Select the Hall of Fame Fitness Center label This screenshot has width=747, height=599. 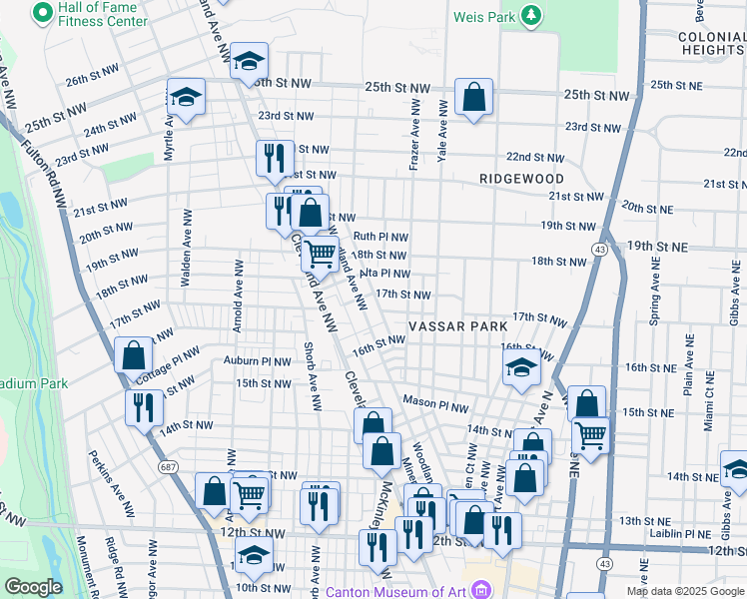[x=96, y=14]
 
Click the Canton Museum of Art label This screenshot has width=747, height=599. [x=395, y=590]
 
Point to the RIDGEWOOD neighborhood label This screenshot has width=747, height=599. [x=522, y=178]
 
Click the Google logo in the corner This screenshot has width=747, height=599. [x=33, y=586]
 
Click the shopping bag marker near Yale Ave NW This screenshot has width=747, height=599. [x=474, y=98]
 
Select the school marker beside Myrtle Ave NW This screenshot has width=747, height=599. [x=186, y=97]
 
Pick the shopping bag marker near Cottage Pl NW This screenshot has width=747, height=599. [x=134, y=355]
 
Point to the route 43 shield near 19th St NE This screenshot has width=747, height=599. [x=600, y=249]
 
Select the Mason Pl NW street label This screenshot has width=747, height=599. [x=435, y=404]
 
